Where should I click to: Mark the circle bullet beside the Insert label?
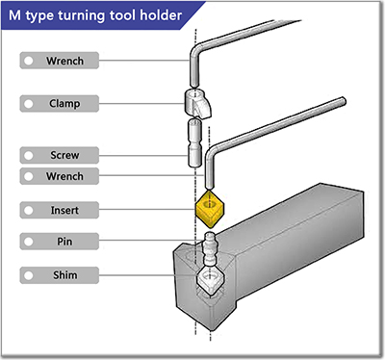(31, 209)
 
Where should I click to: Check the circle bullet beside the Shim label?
(31, 276)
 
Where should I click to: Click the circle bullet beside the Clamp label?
(31, 101)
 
